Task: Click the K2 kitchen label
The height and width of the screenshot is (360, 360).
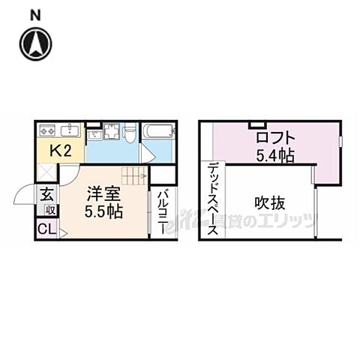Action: click(x=60, y=150)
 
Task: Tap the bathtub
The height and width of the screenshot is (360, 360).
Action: click(x=158, y=133)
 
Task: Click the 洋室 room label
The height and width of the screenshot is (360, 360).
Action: click(x=102, y=192)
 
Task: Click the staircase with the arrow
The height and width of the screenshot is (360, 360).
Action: click(x=132, y=177)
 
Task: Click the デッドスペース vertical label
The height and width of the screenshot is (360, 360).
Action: click(x=213, y=199)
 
